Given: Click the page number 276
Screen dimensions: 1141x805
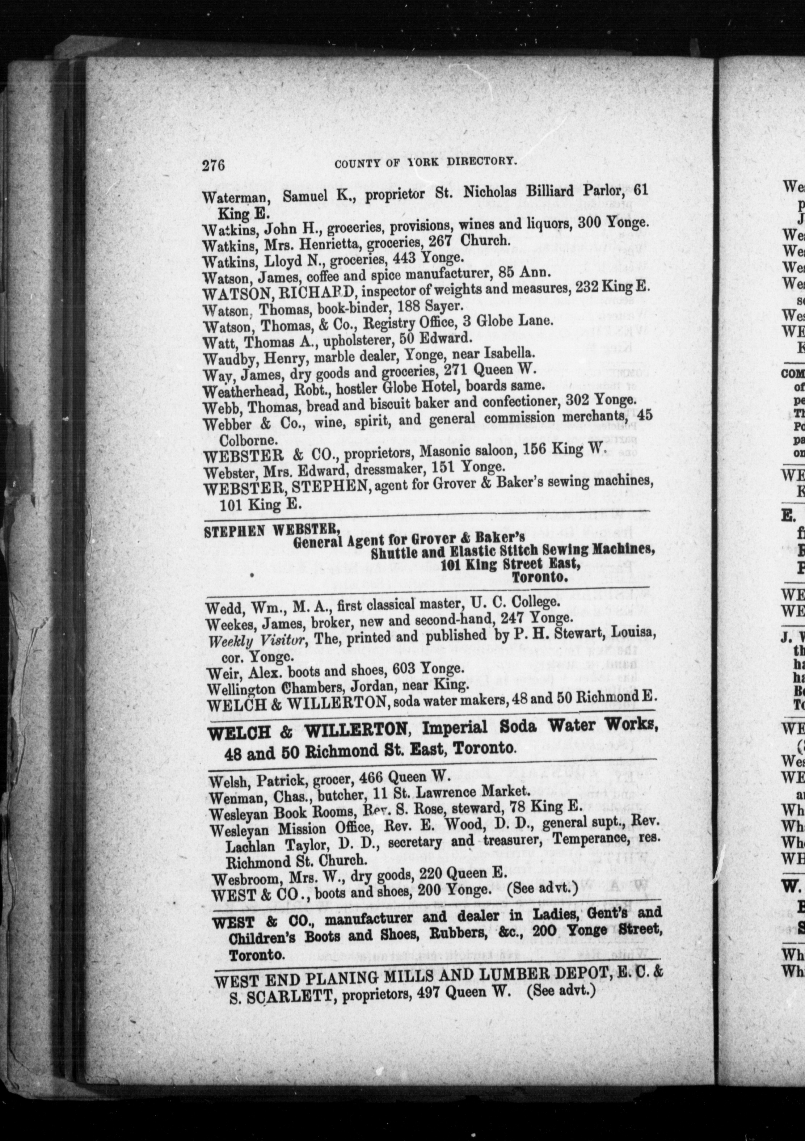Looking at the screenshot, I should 214,164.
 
